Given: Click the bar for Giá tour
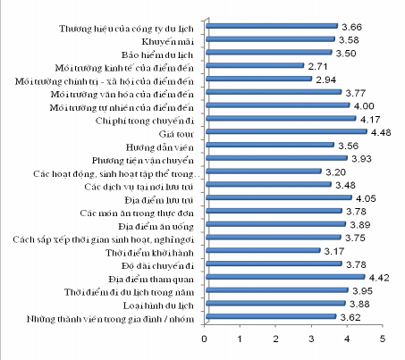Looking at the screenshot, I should click(x=285, y=131).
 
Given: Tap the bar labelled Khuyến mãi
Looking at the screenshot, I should click(x=269, y=38).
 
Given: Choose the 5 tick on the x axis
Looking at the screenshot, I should click(x=383, y=340).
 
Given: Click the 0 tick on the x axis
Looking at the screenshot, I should click(x=206, y=340).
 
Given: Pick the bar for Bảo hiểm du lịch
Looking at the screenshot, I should click(x=268, y=52).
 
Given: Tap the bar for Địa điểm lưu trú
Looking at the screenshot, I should click(x=277, y=197).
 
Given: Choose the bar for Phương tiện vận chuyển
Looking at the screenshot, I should click(x=275, y=158).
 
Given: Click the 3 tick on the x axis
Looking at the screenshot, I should click(x=312, y=340).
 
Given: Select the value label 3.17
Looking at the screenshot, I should click(x=335, y=251).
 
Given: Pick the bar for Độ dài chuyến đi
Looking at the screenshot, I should click(x=273, y=264).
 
